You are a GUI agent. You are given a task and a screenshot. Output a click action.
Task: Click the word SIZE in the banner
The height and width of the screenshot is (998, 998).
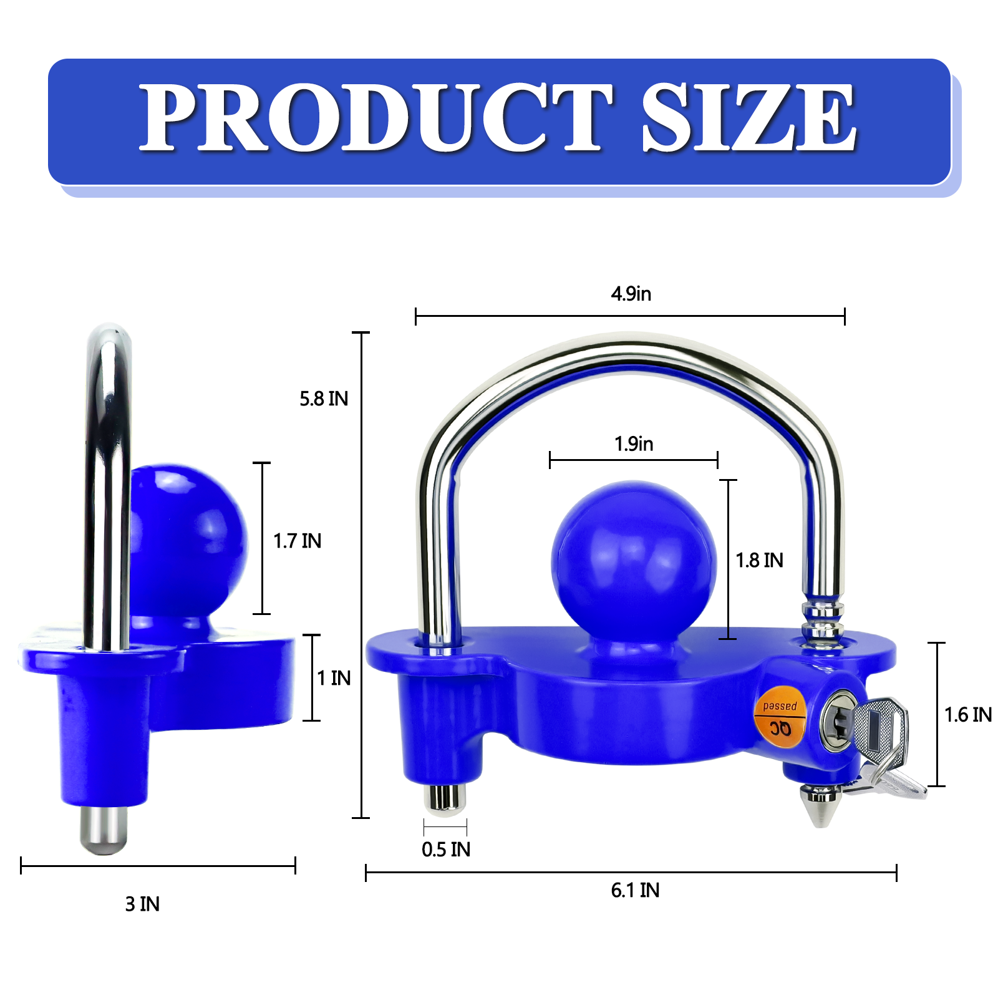pos(748,119)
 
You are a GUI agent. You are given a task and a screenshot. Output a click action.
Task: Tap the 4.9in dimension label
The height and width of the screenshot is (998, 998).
pos(631,294)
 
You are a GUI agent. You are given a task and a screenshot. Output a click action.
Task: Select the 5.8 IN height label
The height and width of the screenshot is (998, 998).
pos(324,399)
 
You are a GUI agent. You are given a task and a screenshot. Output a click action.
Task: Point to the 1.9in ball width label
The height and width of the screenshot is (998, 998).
pos(634,444)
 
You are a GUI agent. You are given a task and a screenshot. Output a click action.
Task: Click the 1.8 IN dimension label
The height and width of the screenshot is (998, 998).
pos(759,560)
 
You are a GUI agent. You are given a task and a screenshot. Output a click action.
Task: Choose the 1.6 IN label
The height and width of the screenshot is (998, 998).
pos(967,715)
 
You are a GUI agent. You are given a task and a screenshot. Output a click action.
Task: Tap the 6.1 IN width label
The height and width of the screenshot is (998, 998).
pos(635,890)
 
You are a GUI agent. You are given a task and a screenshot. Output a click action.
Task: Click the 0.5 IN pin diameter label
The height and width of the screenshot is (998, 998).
pos(446,850)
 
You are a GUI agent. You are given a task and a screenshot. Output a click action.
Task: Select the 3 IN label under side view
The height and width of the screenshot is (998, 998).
pos(142,904)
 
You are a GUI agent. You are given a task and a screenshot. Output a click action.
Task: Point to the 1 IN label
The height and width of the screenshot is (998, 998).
pos(334,678)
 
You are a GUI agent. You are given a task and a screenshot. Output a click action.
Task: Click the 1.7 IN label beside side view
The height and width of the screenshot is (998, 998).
pos(298,541)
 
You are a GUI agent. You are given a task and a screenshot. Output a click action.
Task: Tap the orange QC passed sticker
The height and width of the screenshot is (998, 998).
pos(780,717)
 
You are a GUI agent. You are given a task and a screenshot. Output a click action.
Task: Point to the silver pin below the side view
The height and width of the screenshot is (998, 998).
pos(104,830)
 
